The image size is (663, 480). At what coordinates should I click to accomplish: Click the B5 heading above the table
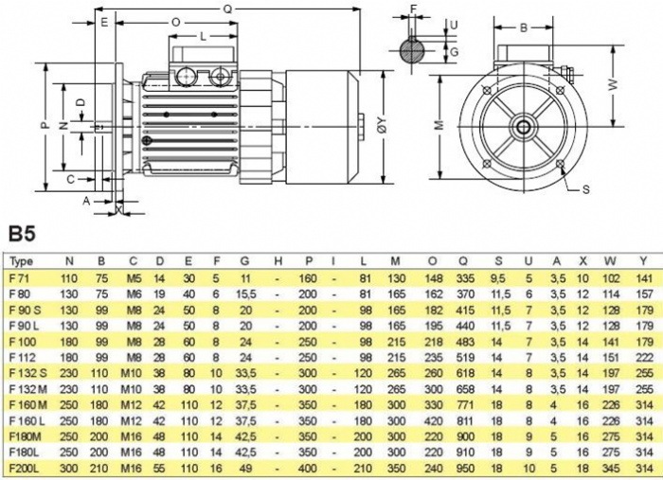(22, 233)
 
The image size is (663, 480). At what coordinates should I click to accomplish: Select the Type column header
(21, 261)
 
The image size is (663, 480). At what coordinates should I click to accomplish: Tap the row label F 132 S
(26, 373)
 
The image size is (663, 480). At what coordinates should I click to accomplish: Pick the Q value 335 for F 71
(465, 278)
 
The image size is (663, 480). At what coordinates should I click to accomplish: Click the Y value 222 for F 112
(644, 358)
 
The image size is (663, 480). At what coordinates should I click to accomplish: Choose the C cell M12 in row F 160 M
(132, 405)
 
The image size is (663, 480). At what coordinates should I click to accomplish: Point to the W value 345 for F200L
(611, 469)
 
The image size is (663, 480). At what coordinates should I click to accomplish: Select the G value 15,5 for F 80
(245, 294)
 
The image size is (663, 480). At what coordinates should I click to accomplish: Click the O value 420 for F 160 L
(432, 421)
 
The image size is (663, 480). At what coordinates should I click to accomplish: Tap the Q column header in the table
(464, 261)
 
